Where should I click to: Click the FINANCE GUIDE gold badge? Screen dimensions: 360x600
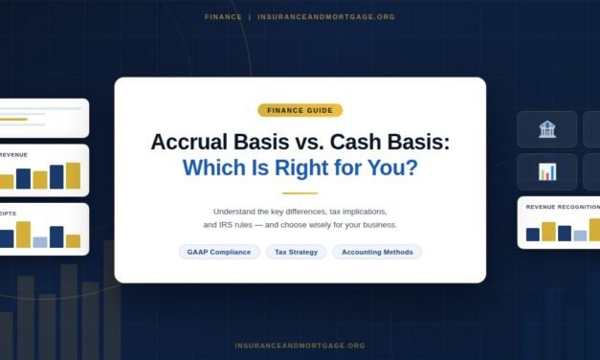tap(300, 110)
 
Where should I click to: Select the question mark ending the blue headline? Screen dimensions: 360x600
tap(411, 169)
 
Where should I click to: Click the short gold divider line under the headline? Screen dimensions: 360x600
tap(300, 192)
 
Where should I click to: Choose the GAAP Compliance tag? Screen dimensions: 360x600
tap(218, 252)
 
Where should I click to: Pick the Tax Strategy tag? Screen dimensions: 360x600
tap(296, 252)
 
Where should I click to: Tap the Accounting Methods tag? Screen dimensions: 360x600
tap(377, 252)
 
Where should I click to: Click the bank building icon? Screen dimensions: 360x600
tap(547, 129)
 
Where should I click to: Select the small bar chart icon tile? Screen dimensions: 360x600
tap(547, 171)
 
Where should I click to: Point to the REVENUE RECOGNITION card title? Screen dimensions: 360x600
tap(563, 207)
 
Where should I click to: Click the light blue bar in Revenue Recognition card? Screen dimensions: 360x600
tap(580, 236)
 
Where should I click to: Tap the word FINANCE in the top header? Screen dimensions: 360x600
tap(223, 17)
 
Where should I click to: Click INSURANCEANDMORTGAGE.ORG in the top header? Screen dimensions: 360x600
tap(326, 17)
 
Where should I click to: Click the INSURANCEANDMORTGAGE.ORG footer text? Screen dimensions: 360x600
tap(300, 346)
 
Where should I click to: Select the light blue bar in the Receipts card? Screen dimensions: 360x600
tap(40, 242)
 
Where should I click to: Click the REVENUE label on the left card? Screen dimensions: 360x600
tap(13, 154)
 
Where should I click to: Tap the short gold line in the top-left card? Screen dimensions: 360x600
tap(13, 119)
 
